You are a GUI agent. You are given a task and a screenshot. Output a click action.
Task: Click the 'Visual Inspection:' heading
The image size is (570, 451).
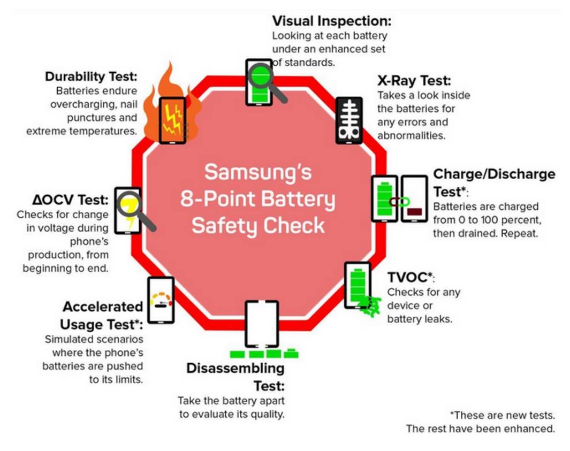[x=331, y=21]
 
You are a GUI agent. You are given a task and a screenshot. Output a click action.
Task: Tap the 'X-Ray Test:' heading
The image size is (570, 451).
[x=414, y=80]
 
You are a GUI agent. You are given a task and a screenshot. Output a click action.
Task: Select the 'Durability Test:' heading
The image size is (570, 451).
[x=91, y=77]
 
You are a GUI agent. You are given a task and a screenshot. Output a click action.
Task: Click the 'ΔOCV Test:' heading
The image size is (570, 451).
[x=71, y=200]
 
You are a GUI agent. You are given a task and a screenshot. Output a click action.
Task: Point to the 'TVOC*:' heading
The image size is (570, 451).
[x=411, y=277]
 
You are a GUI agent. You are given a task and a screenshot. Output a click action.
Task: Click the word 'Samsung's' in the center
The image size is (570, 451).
[x=258, y=172]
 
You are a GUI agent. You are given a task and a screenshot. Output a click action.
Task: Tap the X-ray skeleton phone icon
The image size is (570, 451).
[x=348, y=120]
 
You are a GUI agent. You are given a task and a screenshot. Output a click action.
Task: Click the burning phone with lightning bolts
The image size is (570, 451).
[x=172, y=120]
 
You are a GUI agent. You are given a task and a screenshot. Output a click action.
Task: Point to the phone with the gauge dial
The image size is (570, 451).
[x=161, y=300]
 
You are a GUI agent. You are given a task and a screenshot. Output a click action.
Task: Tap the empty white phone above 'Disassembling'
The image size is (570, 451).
[x=262, y=324]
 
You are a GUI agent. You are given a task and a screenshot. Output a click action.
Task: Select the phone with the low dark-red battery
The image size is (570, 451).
[x=414, y=199]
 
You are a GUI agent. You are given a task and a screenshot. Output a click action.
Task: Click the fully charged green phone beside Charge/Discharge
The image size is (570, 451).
[x=385, y=199]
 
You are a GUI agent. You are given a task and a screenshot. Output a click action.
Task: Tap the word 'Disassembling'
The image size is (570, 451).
[x=235, y=369]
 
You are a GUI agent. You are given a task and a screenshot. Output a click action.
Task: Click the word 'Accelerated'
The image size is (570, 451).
[x=103, y=307]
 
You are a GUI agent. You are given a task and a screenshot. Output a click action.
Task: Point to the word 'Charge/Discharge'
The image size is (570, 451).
[x=495, y=174]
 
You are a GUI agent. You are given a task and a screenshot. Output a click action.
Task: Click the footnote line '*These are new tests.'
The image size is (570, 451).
[x=503, y=415]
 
